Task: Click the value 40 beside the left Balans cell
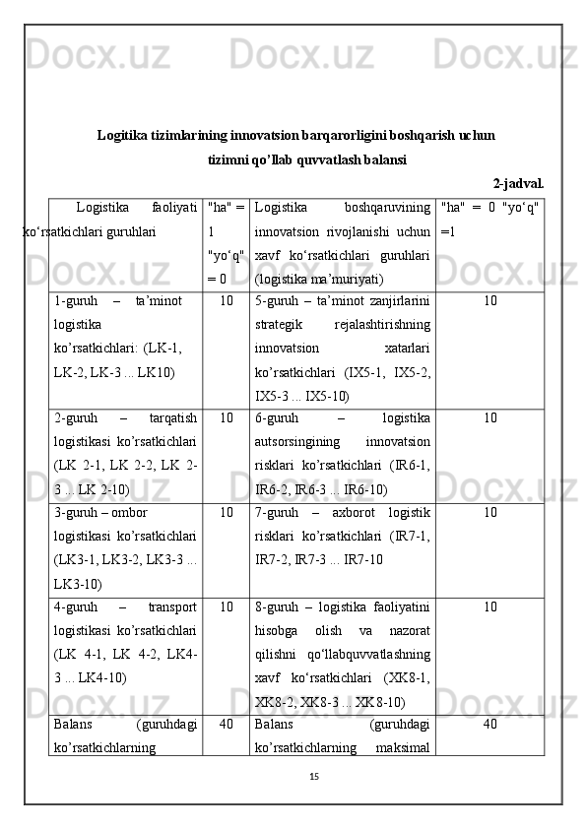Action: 226,725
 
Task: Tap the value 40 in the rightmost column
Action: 489,725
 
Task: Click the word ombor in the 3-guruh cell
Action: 130,512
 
